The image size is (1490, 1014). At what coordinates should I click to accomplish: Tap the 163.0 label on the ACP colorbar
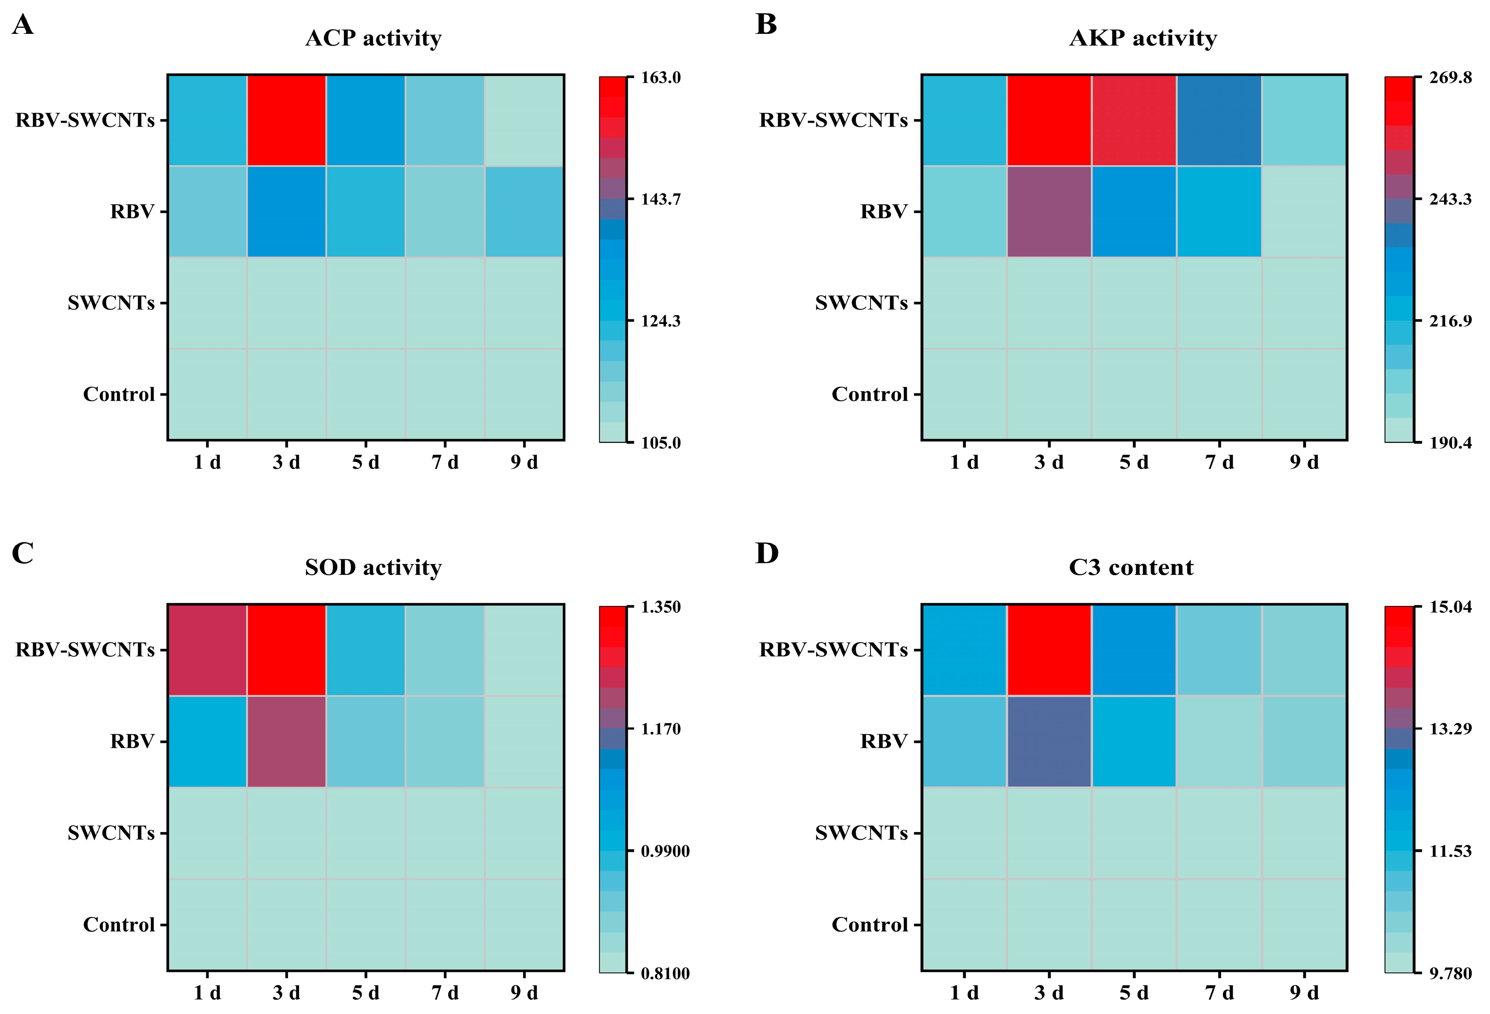tap(661, 78)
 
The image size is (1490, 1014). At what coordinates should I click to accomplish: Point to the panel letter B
tap(766, 24)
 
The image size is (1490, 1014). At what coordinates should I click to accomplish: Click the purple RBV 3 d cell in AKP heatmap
tap(1049, 211)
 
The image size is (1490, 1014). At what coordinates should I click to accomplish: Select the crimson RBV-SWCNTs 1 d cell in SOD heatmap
tap(208, 650)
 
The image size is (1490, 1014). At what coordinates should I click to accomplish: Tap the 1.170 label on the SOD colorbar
tap(661, 729)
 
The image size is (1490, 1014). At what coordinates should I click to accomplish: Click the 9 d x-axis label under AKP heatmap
tap(1304, 462)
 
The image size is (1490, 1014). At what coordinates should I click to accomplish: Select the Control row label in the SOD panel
tap(119, 924)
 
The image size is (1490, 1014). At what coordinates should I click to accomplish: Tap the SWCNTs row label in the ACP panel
tap(112, 302)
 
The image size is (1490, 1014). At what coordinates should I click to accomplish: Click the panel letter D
tap(767, 553)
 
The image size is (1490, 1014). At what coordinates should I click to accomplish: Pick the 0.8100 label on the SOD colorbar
tap(665, 974)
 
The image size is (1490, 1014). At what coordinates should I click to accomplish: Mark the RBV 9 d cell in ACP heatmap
tap(524, 211)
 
